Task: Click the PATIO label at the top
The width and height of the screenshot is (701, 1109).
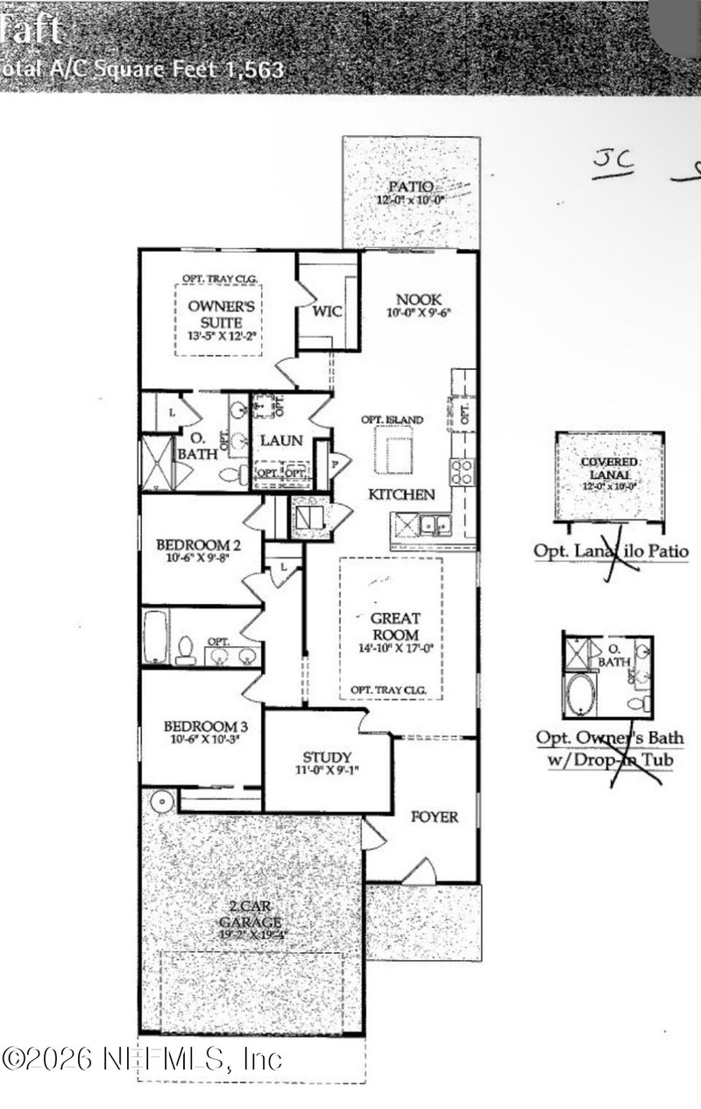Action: point(411,186)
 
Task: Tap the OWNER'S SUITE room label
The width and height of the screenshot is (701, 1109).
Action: point(221,314)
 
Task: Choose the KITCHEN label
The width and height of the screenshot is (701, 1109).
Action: point(401,494)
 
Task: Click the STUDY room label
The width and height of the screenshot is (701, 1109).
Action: point(327,757)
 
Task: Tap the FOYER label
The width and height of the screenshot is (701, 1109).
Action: point(435,817)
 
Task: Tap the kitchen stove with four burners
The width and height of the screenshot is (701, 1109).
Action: point(463,472)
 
